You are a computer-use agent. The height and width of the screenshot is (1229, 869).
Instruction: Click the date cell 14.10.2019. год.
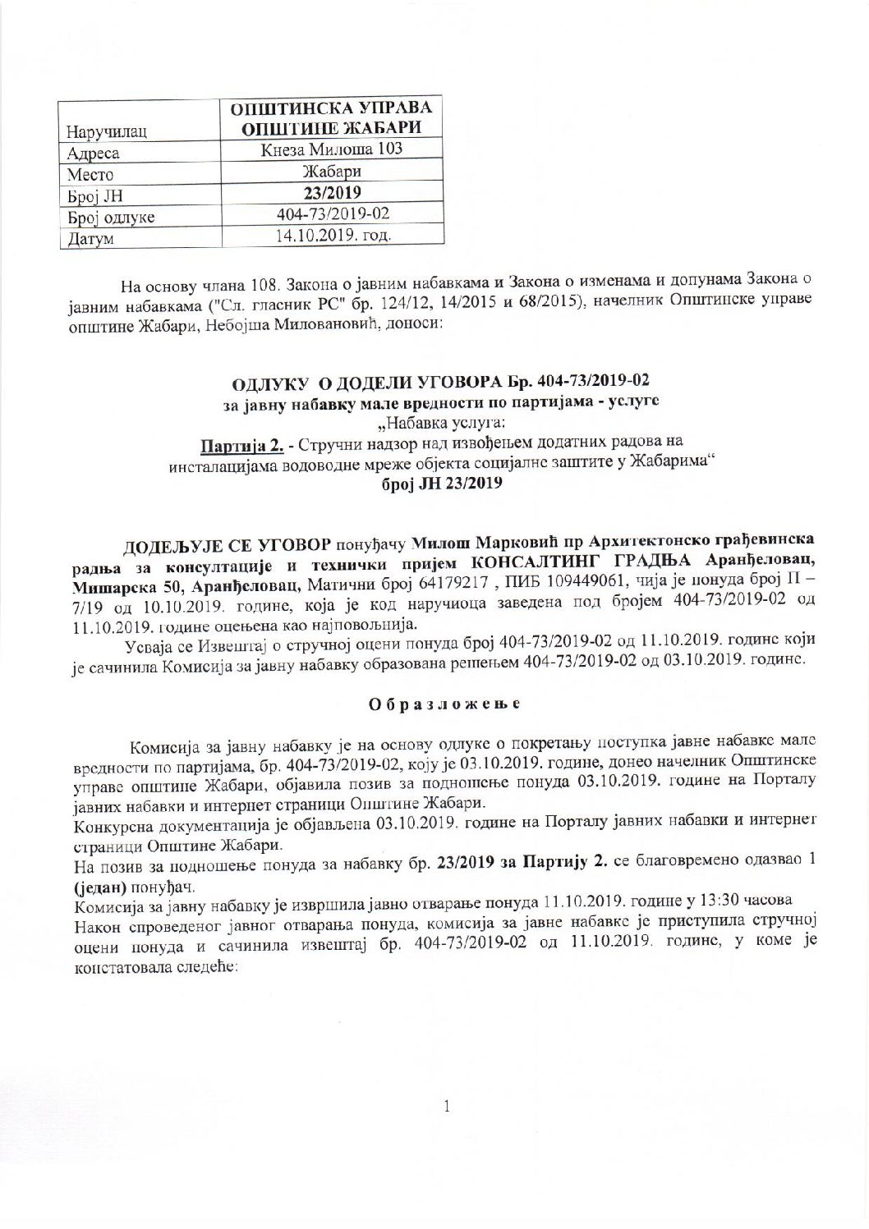[333, 236]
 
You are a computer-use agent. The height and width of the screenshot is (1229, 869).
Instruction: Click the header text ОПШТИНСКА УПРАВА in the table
[333, 109]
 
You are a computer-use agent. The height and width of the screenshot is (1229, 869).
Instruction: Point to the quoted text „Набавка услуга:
[433, 426]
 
